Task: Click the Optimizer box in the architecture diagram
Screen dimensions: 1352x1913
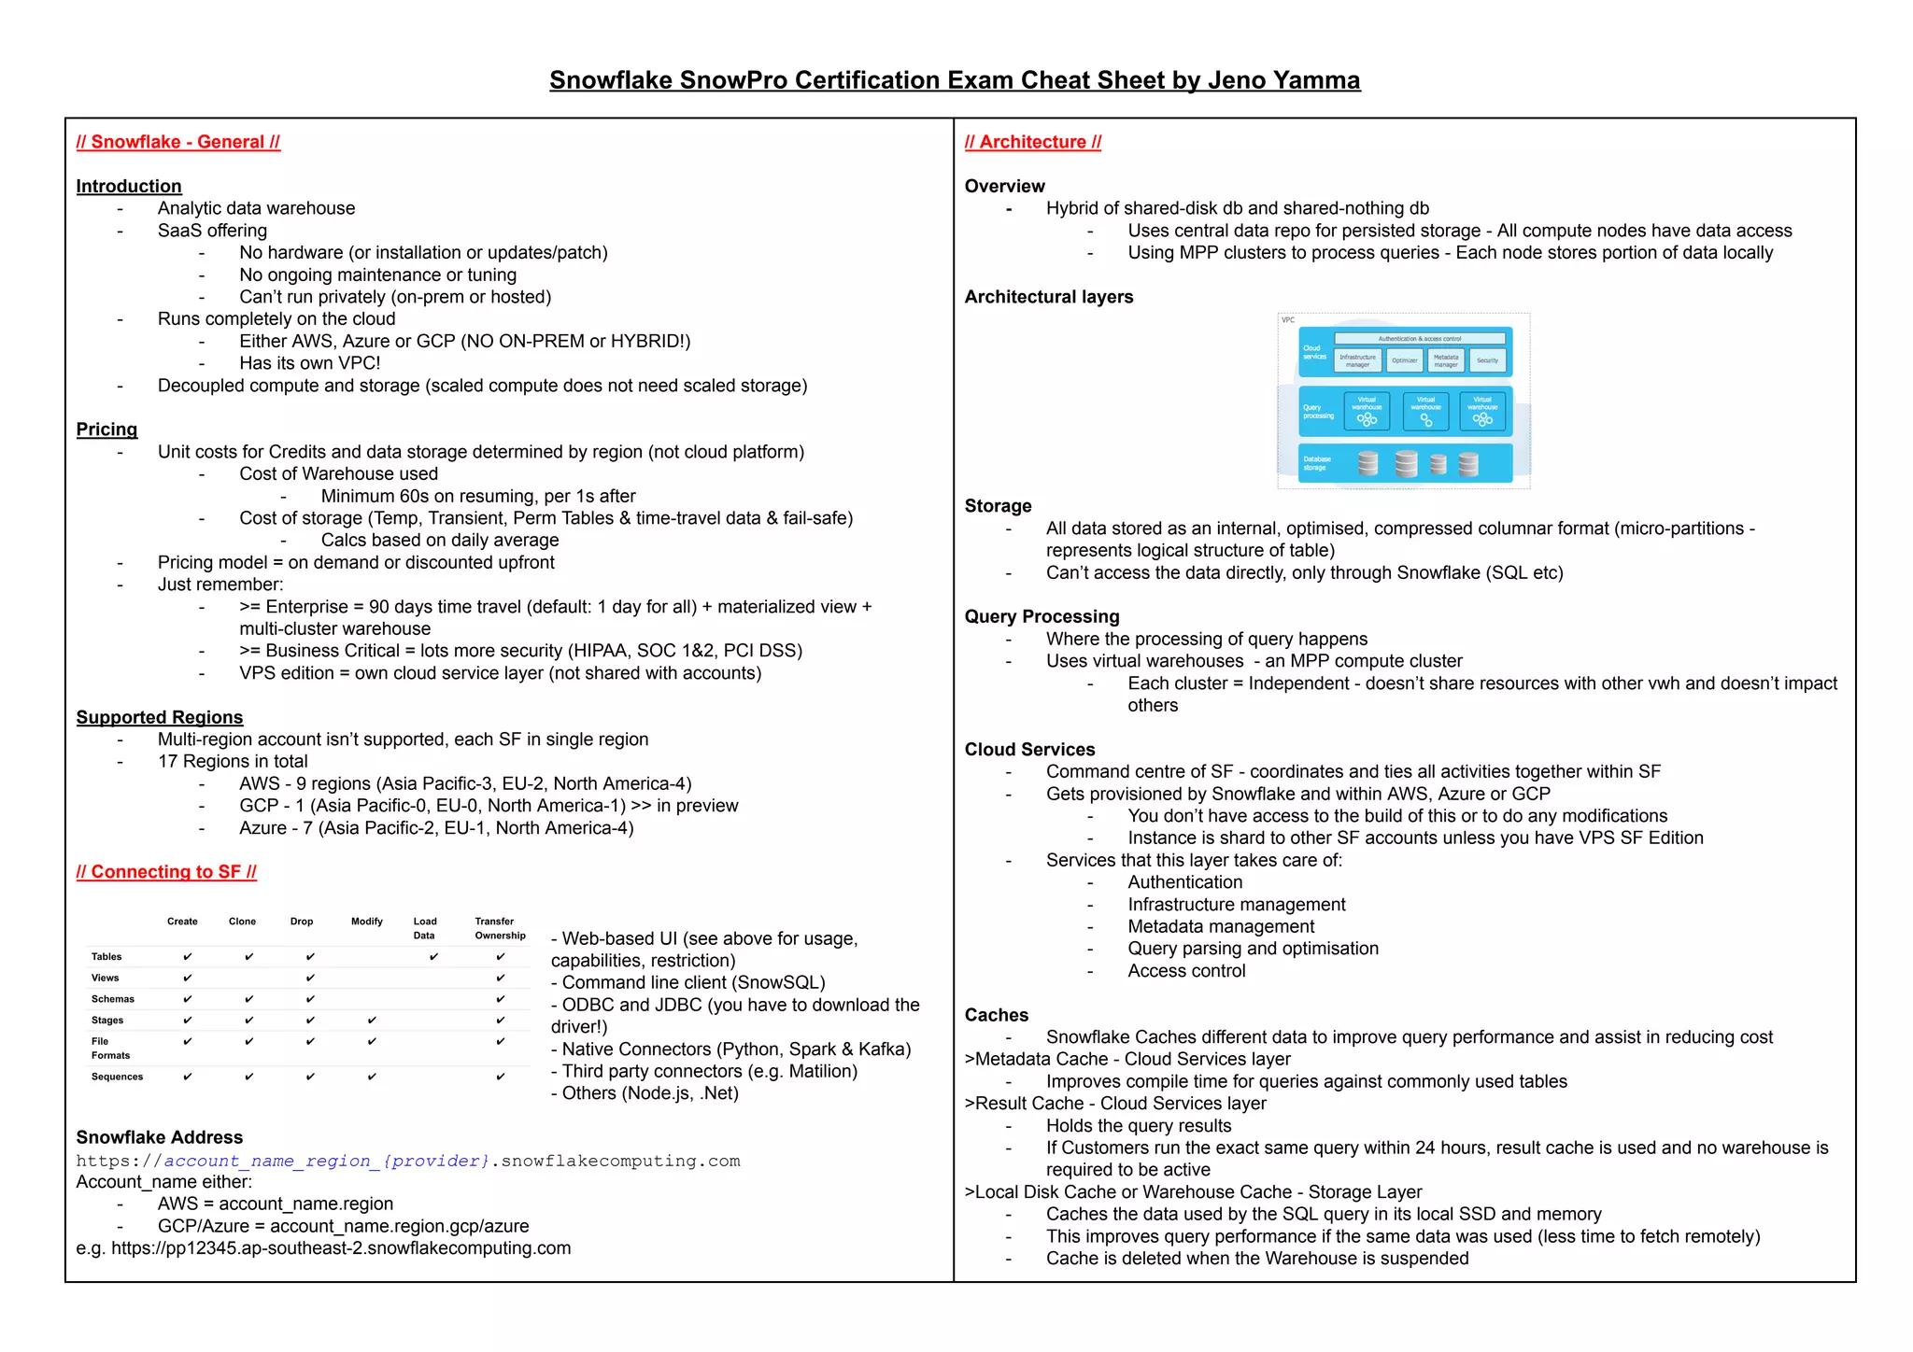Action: pos(1404,360)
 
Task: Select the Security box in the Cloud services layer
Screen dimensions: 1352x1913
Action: pos(1487,360)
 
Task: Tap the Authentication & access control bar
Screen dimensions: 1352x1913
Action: pos(1419,339)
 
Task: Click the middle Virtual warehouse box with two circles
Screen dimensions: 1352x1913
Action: pos(1425,411)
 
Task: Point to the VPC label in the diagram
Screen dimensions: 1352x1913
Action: pos(1288,320)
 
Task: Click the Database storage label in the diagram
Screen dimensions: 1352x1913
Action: pos(1317,463)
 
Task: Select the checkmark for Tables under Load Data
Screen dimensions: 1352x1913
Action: pos(433,957)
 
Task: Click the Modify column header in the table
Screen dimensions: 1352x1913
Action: pos(366,922)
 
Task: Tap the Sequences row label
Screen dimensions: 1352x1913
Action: pos(117,1077)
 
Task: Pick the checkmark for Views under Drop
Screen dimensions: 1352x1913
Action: pos(309,979)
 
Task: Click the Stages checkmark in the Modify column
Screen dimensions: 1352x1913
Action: pos(372,1021)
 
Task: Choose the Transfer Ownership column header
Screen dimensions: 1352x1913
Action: pos(500,928)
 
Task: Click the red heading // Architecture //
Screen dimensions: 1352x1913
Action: pos(1032,142)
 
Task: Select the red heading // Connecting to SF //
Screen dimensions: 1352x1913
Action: pos(166,872)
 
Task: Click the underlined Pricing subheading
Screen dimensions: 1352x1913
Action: pos(106,430)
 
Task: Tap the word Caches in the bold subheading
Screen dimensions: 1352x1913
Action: pos(996,1015)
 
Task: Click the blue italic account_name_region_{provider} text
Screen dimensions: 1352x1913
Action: pos(327,1161)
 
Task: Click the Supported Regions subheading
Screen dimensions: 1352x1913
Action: pos(160,717)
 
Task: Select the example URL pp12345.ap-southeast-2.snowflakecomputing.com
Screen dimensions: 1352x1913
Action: pos(341,1248)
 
